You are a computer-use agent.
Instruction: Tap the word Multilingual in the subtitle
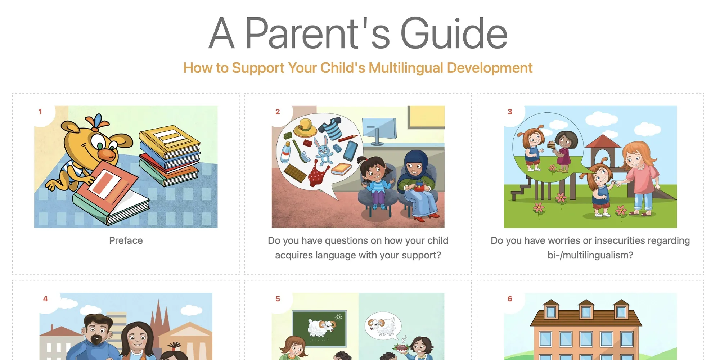point(406,68)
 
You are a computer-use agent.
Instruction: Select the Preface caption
point(126,240)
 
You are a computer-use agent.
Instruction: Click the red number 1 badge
point(40,112)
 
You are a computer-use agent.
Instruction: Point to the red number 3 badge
point(510,112)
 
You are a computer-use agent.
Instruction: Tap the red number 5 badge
point(278,299)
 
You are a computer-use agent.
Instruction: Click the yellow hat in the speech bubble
point(305,128)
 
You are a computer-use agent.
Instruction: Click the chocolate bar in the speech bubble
point(295,173)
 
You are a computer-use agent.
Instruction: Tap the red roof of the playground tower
point(603,141)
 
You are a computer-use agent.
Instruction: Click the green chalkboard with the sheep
point(319,328)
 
